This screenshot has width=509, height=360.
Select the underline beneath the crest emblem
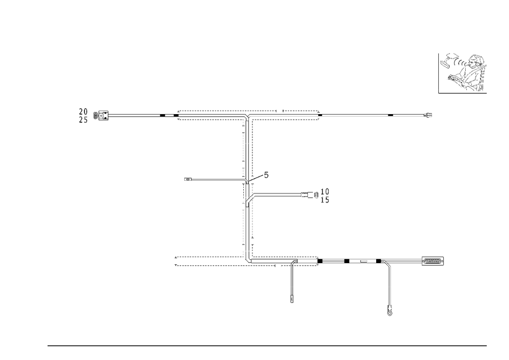pyautogui.click(x=462, y=94)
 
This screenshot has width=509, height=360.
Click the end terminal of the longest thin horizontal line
pyautogui.click(x=429, y=116)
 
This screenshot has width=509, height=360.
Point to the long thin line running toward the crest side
pyautogui.click(x=372, y=117)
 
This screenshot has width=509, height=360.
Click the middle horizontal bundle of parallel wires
pyautogui.click(x=277, y=194)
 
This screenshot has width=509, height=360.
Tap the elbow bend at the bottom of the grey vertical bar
pyautogui.click(x=248, y=260)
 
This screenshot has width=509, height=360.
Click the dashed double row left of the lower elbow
pyautogui.click(x=209, y=261)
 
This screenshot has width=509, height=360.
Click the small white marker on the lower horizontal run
pyautogui.click(x=364, y=261)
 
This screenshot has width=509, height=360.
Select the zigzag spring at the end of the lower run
pyautogui.click(x=433, y=261)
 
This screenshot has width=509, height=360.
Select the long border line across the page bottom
pyautogui.click(x=267, y=345)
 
